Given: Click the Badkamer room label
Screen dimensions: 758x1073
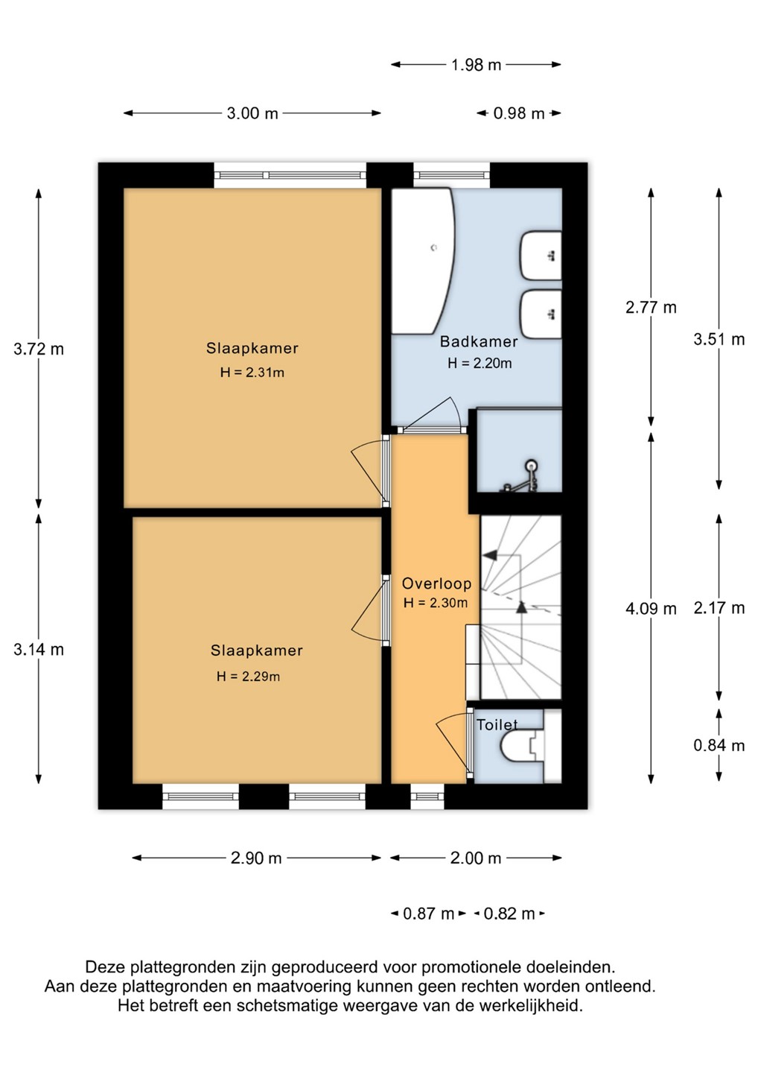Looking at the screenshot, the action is coord(479,341).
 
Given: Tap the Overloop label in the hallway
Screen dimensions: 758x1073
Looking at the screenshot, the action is coord(436,583).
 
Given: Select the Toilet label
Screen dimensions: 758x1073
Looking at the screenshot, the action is coord(497,725).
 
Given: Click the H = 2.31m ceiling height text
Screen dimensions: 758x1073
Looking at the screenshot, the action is coord(252,373).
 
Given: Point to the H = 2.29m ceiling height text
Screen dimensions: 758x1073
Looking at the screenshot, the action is coord(249,677).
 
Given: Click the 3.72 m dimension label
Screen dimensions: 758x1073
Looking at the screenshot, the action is coord(38,349).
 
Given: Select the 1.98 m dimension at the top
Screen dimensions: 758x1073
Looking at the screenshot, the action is coord(476,65).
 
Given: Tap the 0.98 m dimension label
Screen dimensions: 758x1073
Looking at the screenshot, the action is coord(519,113).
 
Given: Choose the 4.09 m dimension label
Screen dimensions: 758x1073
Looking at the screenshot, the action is coord(651,609).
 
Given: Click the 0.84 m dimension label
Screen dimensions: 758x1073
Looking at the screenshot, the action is coord(719,745).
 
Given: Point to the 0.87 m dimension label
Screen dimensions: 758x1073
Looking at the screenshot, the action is coord(428,914).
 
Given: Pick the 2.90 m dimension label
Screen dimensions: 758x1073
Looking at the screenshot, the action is coord(256,858).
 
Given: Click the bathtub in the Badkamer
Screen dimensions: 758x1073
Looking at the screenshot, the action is coord(422,261).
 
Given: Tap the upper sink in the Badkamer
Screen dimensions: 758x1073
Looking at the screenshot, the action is coord(541,256).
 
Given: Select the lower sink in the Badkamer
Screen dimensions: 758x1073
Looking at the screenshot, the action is coord(541,314).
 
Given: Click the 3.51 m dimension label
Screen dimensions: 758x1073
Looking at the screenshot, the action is coord(719,340).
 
